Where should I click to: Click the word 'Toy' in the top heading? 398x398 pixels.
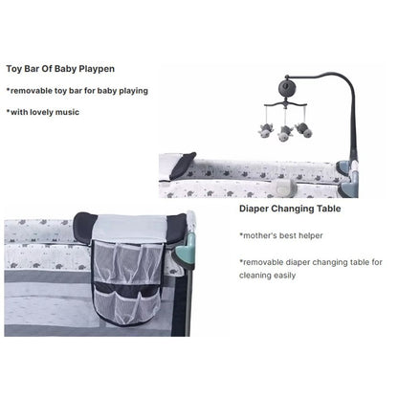coord(14,69)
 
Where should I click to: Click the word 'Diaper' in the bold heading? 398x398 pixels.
coord(254,207)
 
